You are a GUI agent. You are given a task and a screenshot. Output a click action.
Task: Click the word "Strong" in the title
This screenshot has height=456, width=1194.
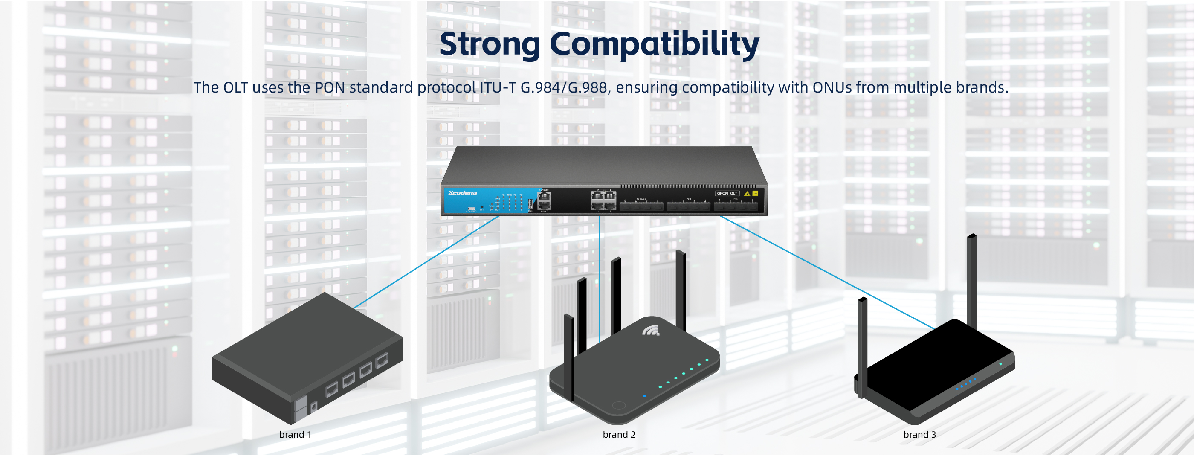[490, 44]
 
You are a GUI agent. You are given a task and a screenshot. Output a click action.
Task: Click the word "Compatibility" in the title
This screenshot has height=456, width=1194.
[654, 45]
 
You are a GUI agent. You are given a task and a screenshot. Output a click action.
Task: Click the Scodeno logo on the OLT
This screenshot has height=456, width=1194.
[462, 192]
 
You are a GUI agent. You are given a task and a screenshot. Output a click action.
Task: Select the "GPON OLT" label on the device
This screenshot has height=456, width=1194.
[727, 193]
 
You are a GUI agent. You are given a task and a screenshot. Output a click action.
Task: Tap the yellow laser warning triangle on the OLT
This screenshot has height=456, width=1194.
[747, 193]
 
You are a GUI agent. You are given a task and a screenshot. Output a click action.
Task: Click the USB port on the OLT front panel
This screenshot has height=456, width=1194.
[530, 204]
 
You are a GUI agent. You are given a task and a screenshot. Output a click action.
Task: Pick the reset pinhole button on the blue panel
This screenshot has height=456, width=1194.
[481, 207]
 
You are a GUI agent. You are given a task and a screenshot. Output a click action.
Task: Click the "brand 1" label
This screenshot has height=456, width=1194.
[295, 435]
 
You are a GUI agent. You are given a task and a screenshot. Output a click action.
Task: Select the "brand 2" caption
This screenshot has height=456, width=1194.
[619, 435]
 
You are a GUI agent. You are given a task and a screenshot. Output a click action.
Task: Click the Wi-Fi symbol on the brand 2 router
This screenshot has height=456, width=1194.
[651, 330]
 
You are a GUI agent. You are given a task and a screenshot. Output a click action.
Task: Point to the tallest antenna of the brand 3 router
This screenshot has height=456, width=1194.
[972, 278]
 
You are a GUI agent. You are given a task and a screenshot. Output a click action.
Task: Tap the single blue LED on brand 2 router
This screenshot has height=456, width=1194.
[644, 396]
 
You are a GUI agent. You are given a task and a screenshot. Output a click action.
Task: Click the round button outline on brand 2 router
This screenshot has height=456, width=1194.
[619, 405]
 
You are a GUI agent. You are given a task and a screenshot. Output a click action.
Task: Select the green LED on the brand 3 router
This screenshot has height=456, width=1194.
[1000, 364]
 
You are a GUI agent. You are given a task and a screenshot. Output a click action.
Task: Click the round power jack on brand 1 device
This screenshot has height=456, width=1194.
[314, 407]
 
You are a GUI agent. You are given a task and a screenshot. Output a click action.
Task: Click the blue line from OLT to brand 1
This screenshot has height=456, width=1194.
[426, 261]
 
